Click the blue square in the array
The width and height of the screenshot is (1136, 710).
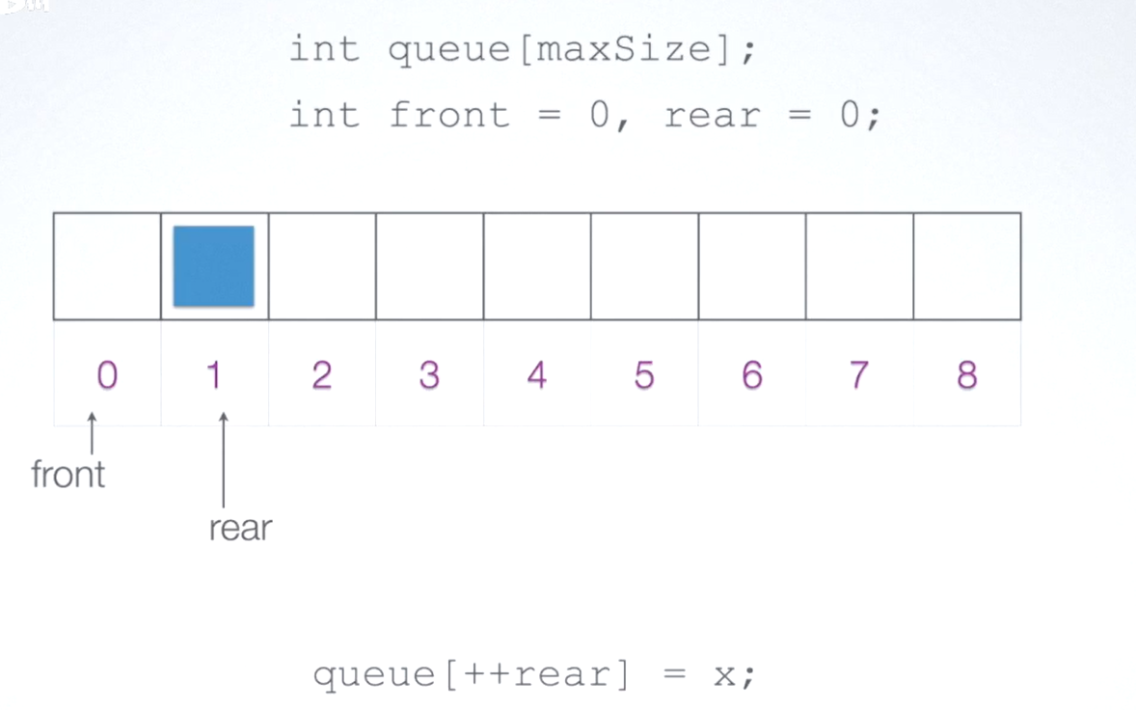coord(214,266)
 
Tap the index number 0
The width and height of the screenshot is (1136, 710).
coord(107,375)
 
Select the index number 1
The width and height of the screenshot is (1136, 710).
coord(214,375)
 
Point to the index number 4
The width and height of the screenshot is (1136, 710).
coord(537,375)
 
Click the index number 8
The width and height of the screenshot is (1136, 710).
coord(967,375)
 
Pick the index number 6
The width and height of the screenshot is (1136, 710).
coord(752,375)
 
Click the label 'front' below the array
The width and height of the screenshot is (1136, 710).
coord(68,475)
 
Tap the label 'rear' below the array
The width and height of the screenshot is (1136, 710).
coord(240,528)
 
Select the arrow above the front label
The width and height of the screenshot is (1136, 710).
coord(92,433)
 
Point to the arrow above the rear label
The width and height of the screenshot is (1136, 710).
coord(224,459)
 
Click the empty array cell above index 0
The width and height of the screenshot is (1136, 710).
coord(107,266)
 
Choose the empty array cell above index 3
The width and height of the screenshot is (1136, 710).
coord(430,266)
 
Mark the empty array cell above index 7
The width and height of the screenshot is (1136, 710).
coord(859,266)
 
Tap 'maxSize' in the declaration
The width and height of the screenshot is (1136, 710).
coord(624,49)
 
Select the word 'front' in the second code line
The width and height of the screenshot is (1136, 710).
coord(449,115)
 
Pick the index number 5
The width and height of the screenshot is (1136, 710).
coord(644,375)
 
